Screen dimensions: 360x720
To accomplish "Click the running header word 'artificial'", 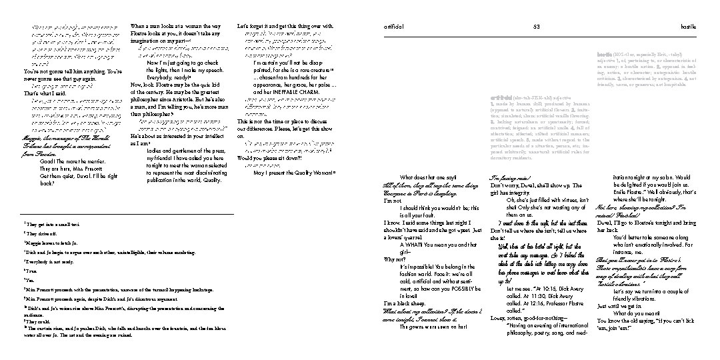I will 393,26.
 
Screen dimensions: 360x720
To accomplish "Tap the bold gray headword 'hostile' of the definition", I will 605,53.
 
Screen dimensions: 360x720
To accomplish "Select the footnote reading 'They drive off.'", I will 39,234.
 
